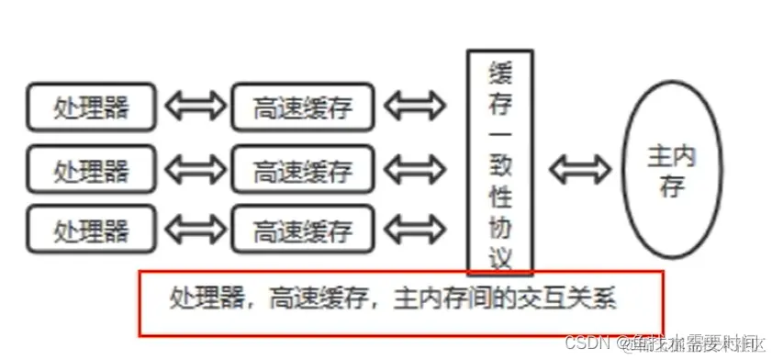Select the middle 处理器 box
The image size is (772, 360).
[91, 170]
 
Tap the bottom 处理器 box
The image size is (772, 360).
[91, 228]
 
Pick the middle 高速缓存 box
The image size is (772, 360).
[302, 170]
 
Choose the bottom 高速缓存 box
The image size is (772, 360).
[302, 229]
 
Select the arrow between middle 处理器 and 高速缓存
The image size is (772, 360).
[196, 170]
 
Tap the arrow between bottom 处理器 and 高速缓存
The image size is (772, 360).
[196, 228]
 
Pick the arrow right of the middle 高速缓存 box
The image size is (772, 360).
[415, 170]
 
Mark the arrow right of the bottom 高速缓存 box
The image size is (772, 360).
[415, 228]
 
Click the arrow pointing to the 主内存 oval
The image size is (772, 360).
[579, 170]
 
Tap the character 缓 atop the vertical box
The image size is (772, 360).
[500, 68]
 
